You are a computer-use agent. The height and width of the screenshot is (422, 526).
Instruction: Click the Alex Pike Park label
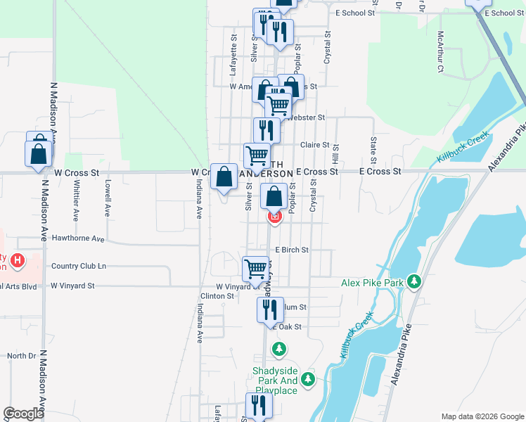click(371, 283)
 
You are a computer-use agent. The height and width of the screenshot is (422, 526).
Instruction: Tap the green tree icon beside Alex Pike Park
click(414, 283)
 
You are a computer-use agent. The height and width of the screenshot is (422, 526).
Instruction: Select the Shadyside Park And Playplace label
click(275, 381)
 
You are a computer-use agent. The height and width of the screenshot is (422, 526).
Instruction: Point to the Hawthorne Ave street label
click(78, 239)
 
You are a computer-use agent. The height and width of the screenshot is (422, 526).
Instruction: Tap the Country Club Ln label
click(79, 266)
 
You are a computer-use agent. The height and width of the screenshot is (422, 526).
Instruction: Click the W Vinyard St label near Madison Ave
click(72, 286)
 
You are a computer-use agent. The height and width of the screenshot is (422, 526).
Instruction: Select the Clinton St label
click(217, 297)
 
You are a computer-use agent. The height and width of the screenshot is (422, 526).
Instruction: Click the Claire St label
click(315, 145)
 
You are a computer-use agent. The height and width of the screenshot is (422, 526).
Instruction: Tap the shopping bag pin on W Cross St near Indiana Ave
click(224, 177)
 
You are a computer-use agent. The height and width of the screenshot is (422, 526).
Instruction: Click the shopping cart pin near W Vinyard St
click(256, 268)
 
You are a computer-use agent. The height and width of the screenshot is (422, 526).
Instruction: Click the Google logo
click(24, 414)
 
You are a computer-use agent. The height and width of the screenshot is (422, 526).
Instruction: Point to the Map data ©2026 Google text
click(482, 416)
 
